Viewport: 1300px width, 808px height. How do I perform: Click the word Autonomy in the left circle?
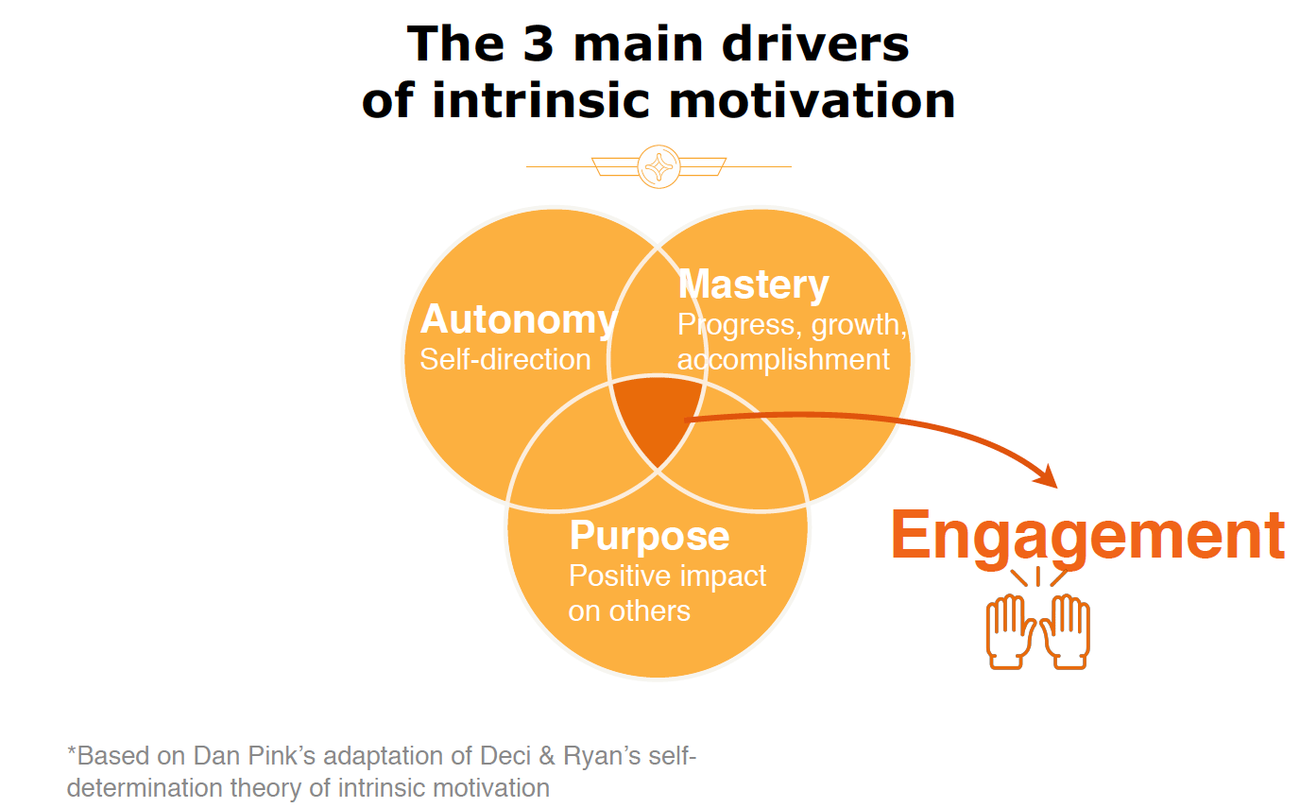(x=518, y=320)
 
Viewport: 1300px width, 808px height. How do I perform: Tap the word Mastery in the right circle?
(x=753, y=284)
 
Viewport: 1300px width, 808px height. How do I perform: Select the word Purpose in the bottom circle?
(x=649, y=536)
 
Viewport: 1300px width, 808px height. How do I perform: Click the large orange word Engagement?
(x=1087, y=535)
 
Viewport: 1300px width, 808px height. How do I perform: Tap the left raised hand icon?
(x=1005, y=631)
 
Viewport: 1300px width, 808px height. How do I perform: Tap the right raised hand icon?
(x=1070, y=631)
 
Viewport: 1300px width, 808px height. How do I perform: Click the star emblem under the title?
(x=659, y=166)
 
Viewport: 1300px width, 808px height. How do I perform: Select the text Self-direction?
(x=505, y=360)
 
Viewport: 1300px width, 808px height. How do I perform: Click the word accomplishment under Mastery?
(x=783, y=360)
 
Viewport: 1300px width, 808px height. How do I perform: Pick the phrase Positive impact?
(x=667, y=576)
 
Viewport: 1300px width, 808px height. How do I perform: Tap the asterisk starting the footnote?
(x=71, y=753)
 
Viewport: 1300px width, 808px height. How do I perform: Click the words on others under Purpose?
(x=629, y=611)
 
